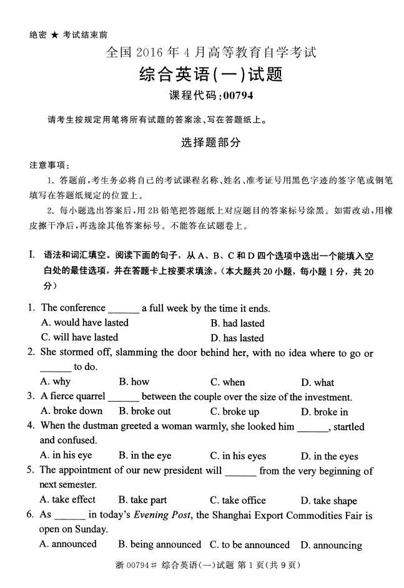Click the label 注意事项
pos(49,165)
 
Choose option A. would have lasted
pos(84,322)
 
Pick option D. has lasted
pos(237,338)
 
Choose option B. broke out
pos(145,412)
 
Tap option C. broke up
pos(235,412)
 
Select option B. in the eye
pos(145,456)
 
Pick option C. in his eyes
pos(238,456)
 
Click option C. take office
pos(238,500)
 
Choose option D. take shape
pos(329,501)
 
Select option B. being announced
pos(160,544)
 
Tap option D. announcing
pos(331,545)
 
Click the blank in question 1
pos(123,309)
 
